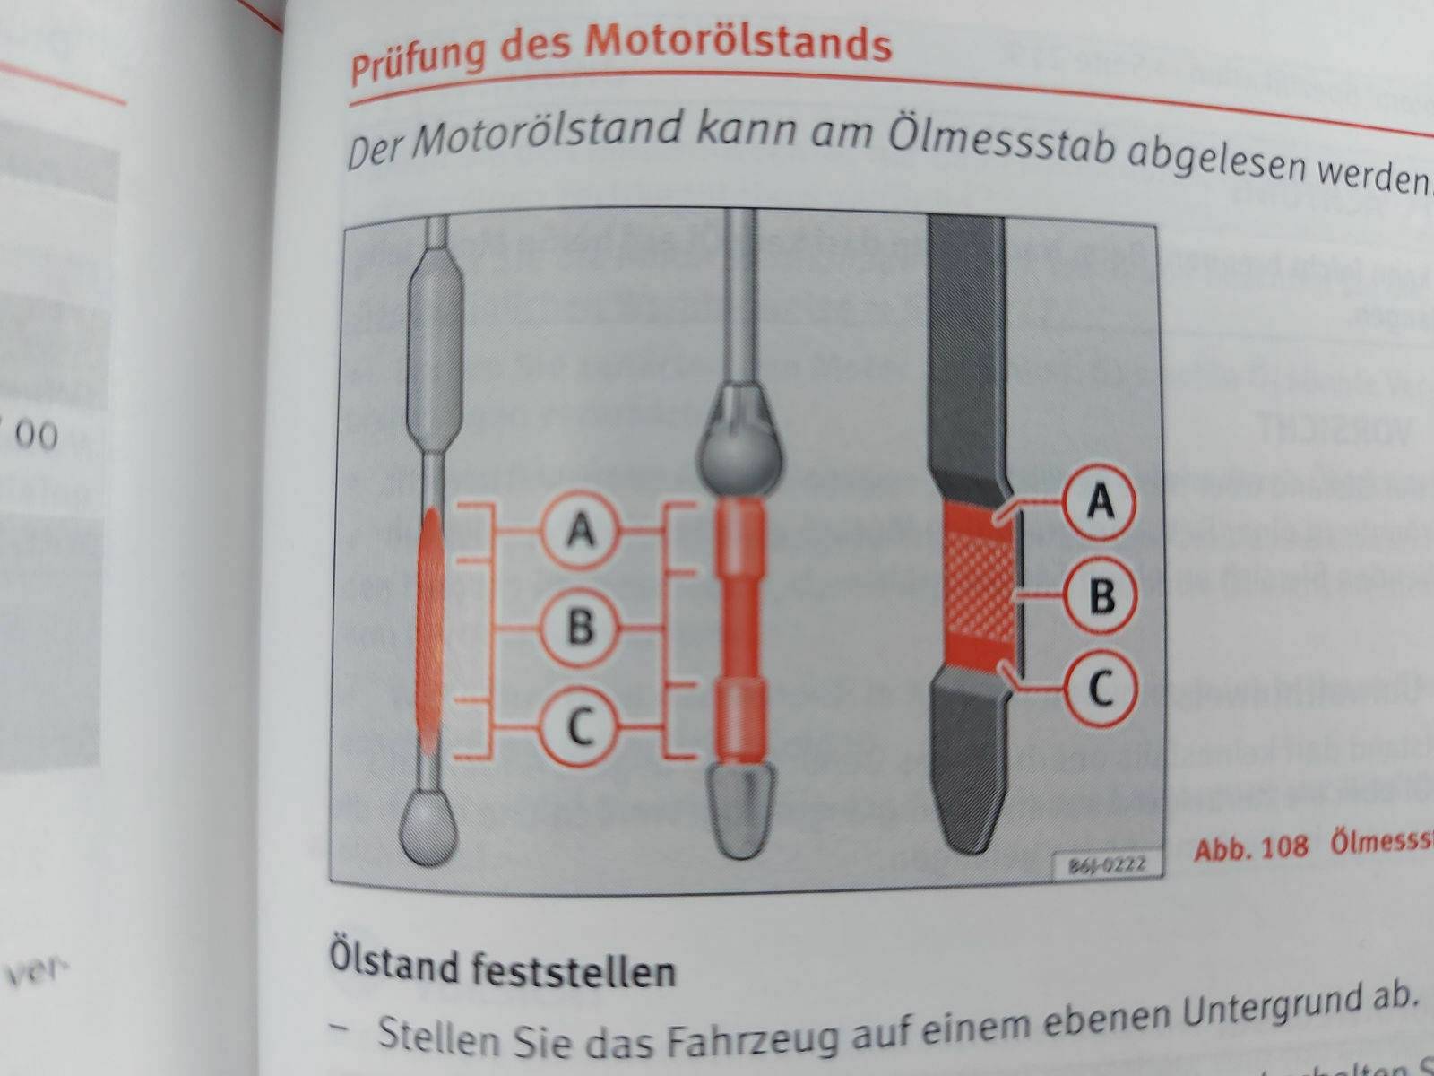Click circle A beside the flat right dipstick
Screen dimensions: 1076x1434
coord(1101,500)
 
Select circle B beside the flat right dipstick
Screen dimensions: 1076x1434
coord(1101,595)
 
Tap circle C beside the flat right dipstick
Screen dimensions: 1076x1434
coord(1101,688)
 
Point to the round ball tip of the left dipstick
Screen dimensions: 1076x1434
coord(428,826)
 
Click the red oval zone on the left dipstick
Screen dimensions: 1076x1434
coord(431,628)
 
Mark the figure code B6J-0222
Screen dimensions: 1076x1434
coord(1105,867)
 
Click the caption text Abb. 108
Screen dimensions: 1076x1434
coord(1250,847)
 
